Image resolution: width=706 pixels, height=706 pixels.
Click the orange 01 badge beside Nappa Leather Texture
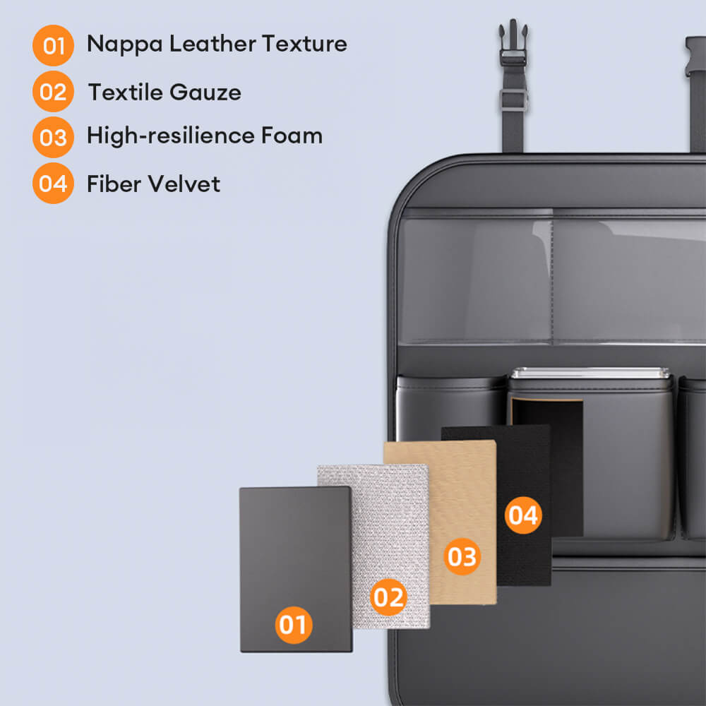53,45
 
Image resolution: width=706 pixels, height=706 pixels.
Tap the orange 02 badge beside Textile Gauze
53,91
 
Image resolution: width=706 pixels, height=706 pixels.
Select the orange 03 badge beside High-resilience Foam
53,138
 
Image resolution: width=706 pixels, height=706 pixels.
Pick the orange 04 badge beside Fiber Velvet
53,184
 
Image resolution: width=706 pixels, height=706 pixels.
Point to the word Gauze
205,92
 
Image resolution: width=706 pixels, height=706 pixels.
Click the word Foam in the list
292,135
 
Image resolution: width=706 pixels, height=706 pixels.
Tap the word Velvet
184,184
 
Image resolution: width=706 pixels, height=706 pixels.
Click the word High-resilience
171,136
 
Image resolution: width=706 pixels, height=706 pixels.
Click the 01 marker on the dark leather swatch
294,625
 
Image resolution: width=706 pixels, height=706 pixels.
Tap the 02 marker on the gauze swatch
388,597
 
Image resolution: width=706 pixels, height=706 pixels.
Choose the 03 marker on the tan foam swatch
462,556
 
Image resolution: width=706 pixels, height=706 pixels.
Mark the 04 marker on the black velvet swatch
523,515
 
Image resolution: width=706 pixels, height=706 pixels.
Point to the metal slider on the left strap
513,100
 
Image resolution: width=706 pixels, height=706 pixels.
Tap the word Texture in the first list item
304,44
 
